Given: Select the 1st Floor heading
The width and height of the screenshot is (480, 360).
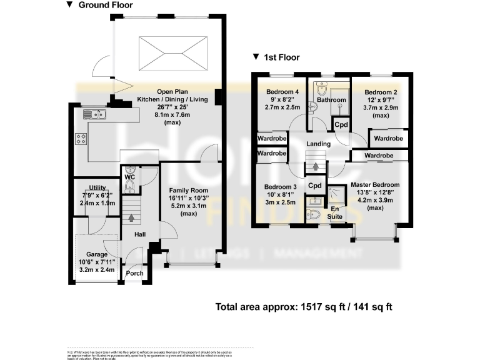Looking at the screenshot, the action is tap(280, 57).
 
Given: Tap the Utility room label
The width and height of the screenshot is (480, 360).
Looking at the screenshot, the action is tap(97, 187).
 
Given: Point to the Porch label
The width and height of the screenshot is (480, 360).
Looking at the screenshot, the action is tap(135, 273).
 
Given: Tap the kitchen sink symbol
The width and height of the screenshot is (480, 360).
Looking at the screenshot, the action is tap(96, 114).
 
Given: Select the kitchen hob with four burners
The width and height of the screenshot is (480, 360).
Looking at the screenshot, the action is tap(81, 139).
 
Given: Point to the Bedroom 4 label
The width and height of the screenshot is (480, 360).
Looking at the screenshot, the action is tap(279, 92).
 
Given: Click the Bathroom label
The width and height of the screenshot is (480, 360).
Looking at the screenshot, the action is tap(331, 100).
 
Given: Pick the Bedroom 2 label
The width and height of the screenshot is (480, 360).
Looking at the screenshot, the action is tap(382, 92).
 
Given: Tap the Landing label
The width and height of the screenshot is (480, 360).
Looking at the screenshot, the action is tap(318, 144).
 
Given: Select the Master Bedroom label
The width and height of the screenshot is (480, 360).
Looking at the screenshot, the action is tap(375, 185).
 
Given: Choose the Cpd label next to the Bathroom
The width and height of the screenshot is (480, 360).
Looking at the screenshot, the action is tap(341, 124).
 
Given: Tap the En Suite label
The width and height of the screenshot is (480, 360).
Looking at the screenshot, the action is tap(336, 212).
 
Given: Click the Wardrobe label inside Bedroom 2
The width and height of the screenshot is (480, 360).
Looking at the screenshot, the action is tap(388, 137).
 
